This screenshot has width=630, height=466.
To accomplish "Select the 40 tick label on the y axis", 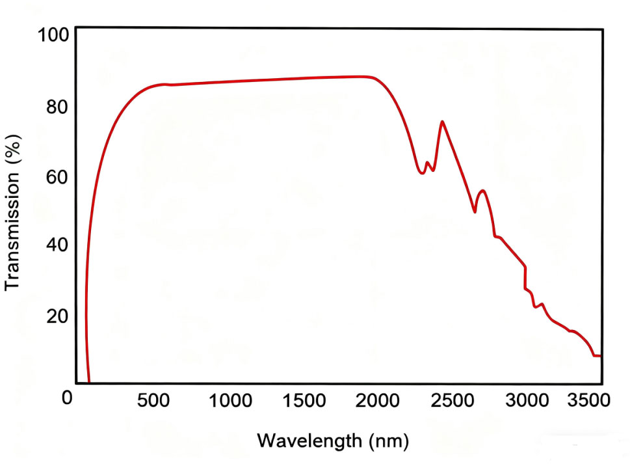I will pyautogui.click(x=57, y=246).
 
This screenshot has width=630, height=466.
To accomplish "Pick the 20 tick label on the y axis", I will pyautogui.click(x=57, y=316).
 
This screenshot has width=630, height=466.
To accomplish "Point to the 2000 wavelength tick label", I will pyautogui.click(x=377, y=400).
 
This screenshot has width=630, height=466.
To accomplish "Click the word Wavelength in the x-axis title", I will pyautogui.click(x=309, y=441).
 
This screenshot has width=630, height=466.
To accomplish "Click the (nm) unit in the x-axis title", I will pyautogui.click(x=387, y=441).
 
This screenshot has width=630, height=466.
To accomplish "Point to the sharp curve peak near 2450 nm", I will pyautogui.click(x=442, y=121).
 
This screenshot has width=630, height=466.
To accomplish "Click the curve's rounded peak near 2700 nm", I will pyautogui.click(x=482, y=191).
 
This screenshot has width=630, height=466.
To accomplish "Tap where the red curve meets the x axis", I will pyautogui.click(x=89, y=383).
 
